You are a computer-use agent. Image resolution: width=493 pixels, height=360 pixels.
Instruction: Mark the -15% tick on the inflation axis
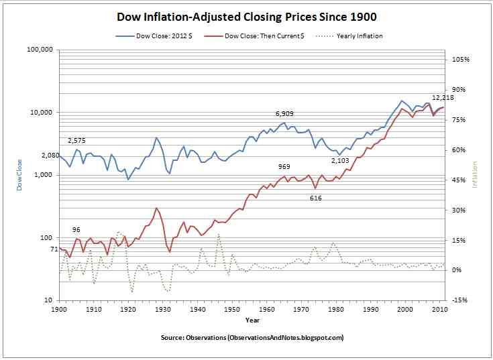click(460, 300)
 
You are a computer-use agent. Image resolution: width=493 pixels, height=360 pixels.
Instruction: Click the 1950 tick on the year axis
click(232, 310)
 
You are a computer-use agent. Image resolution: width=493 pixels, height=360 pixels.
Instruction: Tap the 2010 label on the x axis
click(439, 310)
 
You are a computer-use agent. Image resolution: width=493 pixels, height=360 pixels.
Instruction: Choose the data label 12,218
click(443, 98)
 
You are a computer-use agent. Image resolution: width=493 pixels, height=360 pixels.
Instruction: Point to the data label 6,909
click(286, 114)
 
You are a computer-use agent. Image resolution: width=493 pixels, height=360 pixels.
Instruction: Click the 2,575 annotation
click(78, 140)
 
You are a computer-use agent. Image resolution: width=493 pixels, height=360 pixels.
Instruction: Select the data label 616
click(316, 198)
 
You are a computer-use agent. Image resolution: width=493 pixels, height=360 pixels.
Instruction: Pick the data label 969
click(284, 166)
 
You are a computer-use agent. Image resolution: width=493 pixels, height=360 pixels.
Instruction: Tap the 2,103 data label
click(341, 161)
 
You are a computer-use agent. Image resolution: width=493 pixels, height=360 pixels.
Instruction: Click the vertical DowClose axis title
click(20, 175)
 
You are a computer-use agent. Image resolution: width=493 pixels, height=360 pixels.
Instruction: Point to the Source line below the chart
click(252, 337)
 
